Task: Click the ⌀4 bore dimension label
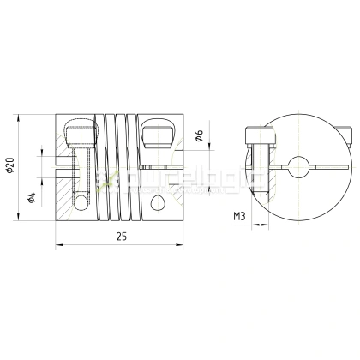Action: point(32,198)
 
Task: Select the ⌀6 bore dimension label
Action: point(198,135)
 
